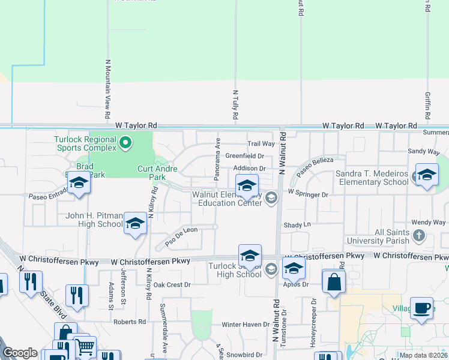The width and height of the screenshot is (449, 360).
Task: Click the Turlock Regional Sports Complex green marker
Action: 125,143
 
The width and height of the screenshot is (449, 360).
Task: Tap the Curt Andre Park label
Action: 157,173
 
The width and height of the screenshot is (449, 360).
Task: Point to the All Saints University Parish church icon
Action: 419,236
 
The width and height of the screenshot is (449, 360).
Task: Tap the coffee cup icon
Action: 421,308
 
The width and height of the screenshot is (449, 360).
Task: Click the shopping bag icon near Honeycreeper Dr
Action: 334,281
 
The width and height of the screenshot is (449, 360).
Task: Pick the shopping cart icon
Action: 85,346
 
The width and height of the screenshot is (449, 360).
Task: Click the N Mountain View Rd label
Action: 108,88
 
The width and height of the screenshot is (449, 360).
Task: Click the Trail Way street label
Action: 261,144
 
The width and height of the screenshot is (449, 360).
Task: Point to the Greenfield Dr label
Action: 245,156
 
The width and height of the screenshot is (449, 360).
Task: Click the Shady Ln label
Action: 298,224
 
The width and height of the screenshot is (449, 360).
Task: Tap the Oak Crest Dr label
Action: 172,285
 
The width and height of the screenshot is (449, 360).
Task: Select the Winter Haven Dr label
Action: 246,325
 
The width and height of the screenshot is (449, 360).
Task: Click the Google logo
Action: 20,353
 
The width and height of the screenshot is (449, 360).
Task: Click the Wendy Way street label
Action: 429,223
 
